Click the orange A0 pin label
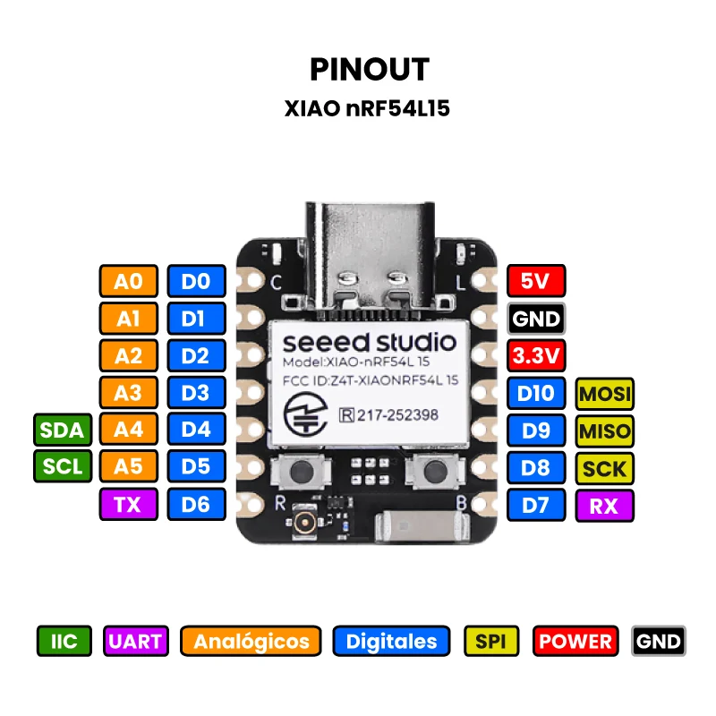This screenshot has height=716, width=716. click(128, 281)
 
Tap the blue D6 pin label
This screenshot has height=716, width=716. click(195, 505)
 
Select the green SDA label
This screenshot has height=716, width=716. click(62, 430)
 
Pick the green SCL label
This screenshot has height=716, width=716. click(62, 467)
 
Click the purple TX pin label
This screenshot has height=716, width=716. click(128, 505)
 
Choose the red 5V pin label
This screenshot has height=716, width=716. click(535, 281)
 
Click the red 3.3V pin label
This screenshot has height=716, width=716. click(535, 356)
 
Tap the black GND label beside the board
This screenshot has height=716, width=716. click(535, 319)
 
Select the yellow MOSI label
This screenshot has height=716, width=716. click(604, 393)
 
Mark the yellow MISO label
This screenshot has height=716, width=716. click(604, 430)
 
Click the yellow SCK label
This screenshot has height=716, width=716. click(604, 468)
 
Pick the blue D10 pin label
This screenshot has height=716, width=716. click(535, 393)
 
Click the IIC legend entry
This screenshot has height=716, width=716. click(64, 641)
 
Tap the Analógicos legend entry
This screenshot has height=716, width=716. click(251, 641)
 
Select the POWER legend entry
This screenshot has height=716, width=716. click(575, 641)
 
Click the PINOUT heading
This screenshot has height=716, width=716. click(369, 69)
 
